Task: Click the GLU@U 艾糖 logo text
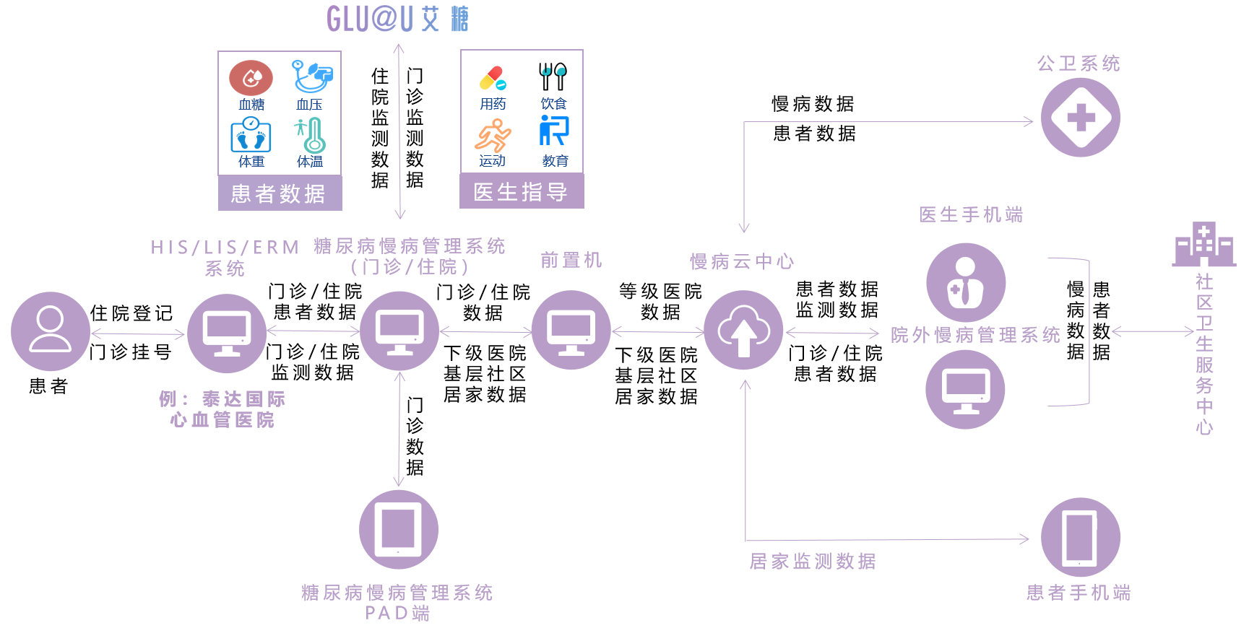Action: click(x=397, y=19)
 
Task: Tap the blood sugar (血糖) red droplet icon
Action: click(x=251, y=78)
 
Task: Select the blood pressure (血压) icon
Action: click(x=311, y=77)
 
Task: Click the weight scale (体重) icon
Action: click(x=251, y=135)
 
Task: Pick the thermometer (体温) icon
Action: click(x=311, y=135)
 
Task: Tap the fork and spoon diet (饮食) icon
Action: click(x=553, y=77)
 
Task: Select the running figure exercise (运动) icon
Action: click(x=493, y=135)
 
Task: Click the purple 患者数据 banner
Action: click(x=280, y=193)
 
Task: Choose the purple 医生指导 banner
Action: click(x=522, y=192)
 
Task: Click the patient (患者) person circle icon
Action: click(x=50, y=331)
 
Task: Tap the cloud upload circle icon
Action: click(x=743, y=331)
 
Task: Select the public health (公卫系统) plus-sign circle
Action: click(x=1080, y=118)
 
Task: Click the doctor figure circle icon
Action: click(x=966, y=283)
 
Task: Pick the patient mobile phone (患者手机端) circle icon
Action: click(x=1080, y=537)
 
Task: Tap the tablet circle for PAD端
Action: click(x=398, y=529)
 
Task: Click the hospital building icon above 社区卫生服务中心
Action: click(x=1203, y=245)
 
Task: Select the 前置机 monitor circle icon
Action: click(x=571, y=330)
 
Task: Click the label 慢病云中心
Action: click(x=742, y=261)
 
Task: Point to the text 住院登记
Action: click(x=131, y=313)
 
